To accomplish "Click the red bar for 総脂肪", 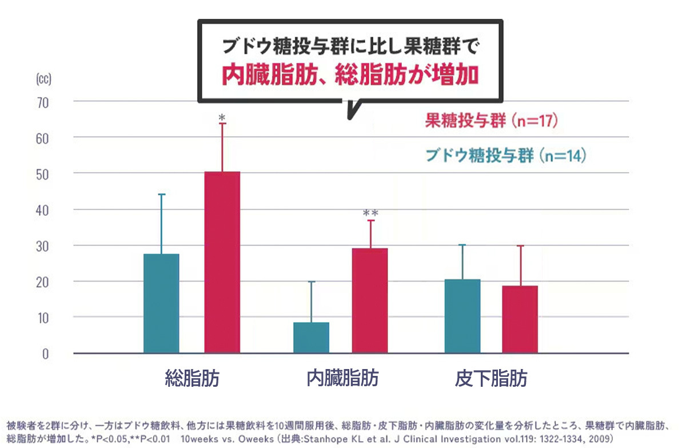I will point(222,262).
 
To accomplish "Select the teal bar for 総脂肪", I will point(161,303).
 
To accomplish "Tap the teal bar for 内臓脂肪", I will point(311,338).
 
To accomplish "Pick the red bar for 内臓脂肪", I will point(370,300).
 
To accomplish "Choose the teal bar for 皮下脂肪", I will point(462,316).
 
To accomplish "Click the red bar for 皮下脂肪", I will point(520,319).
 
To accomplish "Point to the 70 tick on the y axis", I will point(44,102).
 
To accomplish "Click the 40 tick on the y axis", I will point(44,210).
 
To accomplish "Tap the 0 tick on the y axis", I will point(46,354).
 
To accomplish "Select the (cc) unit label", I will point(43,79).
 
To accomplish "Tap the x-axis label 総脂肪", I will point(192,379).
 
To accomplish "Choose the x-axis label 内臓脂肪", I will point(342,379).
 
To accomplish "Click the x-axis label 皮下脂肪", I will point(491,379).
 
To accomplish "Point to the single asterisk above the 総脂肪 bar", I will point(222,117).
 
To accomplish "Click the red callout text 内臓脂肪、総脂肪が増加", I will point(349,75).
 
